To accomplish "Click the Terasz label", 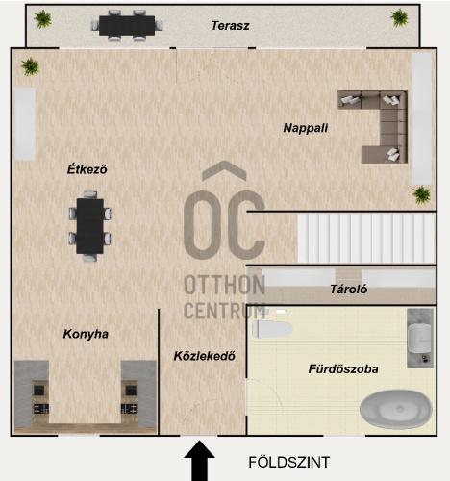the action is click(230, 26).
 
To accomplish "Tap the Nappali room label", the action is click(305, 128).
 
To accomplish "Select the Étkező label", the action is click(87, 169).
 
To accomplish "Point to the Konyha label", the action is click(86, 334).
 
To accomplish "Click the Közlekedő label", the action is click(205, 356).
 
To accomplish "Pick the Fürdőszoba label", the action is click(343, 368).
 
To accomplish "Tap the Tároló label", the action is click(348, 290).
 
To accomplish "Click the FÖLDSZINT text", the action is click(288, 462).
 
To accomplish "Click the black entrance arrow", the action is click(199, 461).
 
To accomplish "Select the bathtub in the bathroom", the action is click(396, 409).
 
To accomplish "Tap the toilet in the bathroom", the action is click(272, 329).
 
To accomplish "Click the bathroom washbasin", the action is click(420, 338).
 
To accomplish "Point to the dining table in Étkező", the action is click(90, 226).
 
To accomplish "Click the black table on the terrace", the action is click(127, 26).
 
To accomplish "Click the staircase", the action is click(366, 238).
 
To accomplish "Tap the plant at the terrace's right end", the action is click(399, 17).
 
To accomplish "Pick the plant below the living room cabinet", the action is click(421, 194).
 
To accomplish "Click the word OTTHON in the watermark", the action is click(224, 285).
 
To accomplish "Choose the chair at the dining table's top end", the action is click(90, 194).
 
